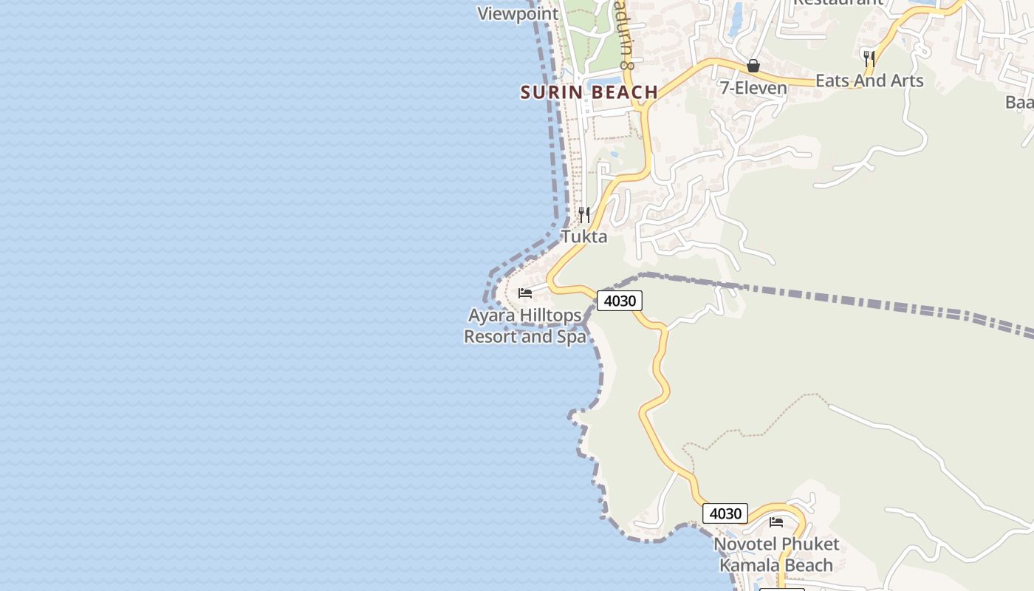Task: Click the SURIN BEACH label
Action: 589,92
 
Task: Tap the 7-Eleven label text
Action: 753,89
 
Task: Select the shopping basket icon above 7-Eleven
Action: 753,66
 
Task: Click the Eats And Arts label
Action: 869,81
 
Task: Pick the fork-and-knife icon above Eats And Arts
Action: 869,58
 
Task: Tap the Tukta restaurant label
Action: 584,236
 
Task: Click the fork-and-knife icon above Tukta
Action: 584,215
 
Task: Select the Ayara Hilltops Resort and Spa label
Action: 524,326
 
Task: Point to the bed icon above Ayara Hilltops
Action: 525,293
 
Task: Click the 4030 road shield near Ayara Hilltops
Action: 619,301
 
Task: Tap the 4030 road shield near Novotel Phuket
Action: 725,513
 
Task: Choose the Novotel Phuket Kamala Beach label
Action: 776,555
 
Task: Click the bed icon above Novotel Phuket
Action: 776,522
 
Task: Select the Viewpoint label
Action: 518,14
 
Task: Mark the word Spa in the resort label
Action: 572,337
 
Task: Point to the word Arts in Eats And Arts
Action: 905,81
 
